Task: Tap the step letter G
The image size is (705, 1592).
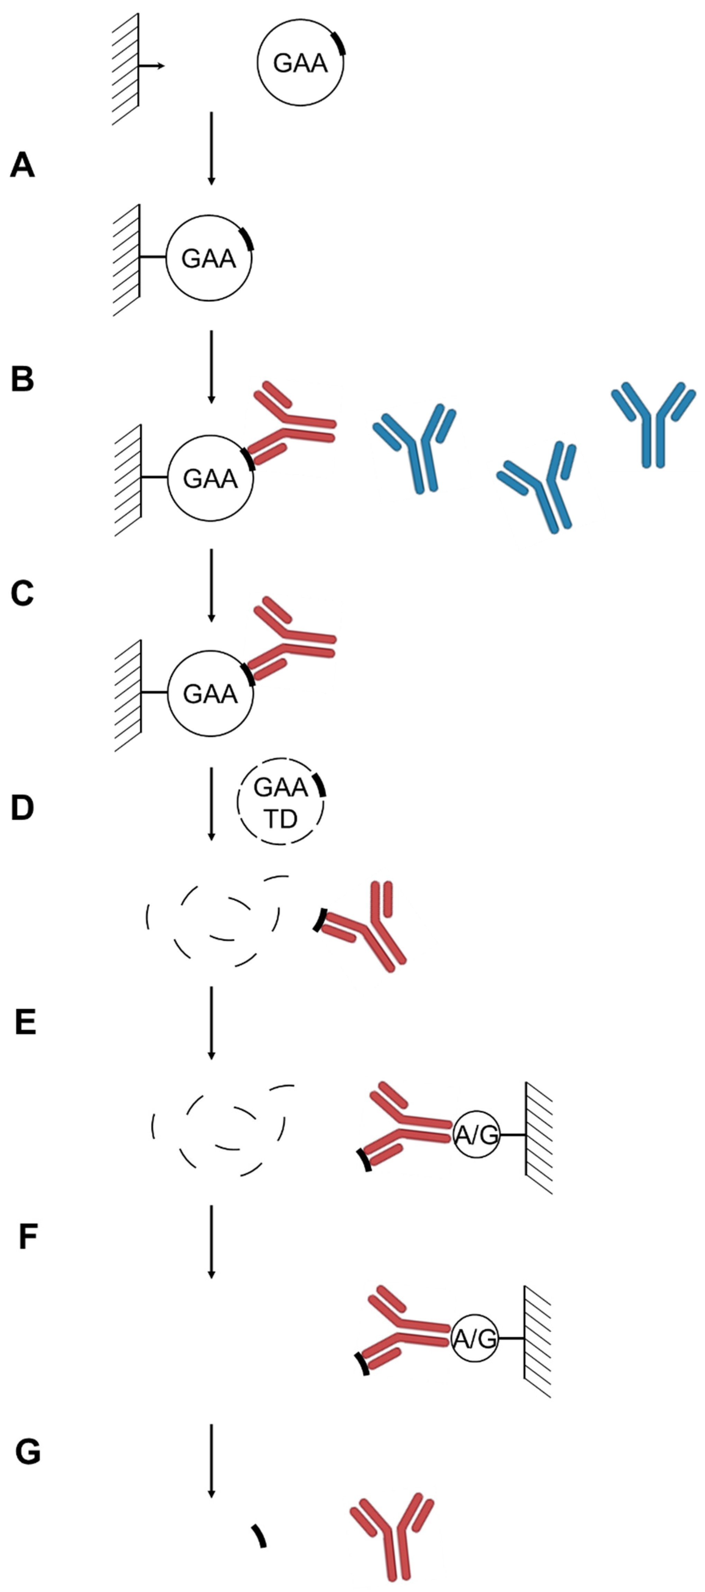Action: tap(28, 1452)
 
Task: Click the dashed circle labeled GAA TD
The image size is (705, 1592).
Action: tap(281, 802)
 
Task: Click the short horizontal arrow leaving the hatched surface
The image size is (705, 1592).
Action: tap(152, 65)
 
